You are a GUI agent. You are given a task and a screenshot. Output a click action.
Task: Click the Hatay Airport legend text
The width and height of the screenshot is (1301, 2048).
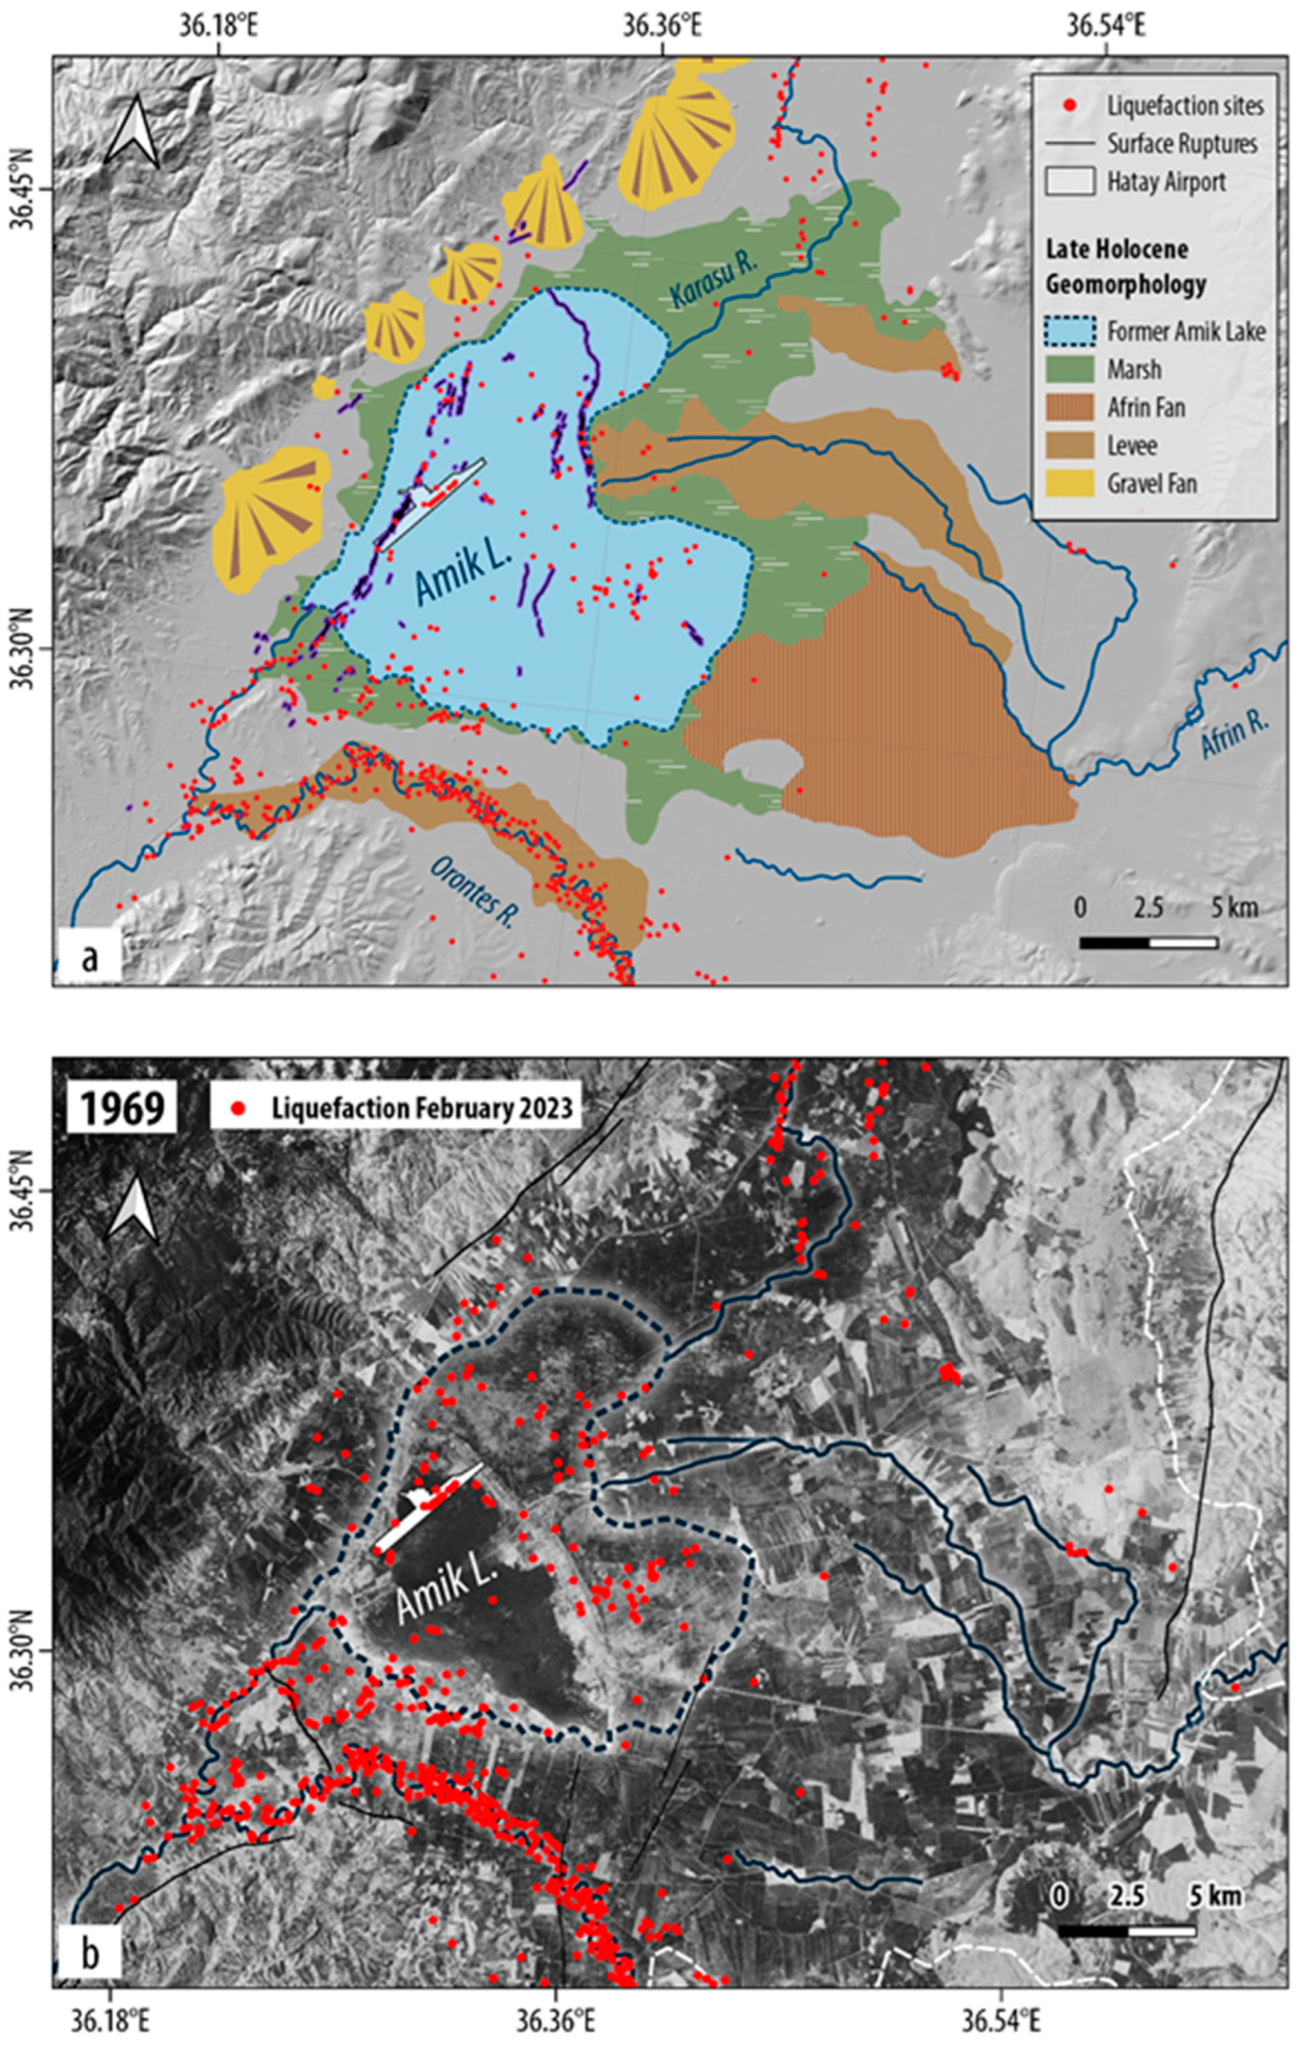coord(1166,181)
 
